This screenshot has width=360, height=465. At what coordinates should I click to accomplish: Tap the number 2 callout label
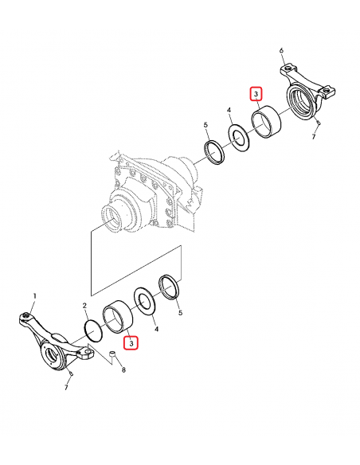coord(84,306)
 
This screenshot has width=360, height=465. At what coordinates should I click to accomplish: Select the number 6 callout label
coord(281,51)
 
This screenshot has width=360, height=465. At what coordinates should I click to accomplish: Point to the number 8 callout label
coord(123,370)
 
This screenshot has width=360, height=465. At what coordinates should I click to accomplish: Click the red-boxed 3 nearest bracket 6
coord(256,94)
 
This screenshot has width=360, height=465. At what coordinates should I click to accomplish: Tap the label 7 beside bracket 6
coord(314,137)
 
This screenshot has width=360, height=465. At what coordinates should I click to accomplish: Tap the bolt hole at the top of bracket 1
coord(26,318)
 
